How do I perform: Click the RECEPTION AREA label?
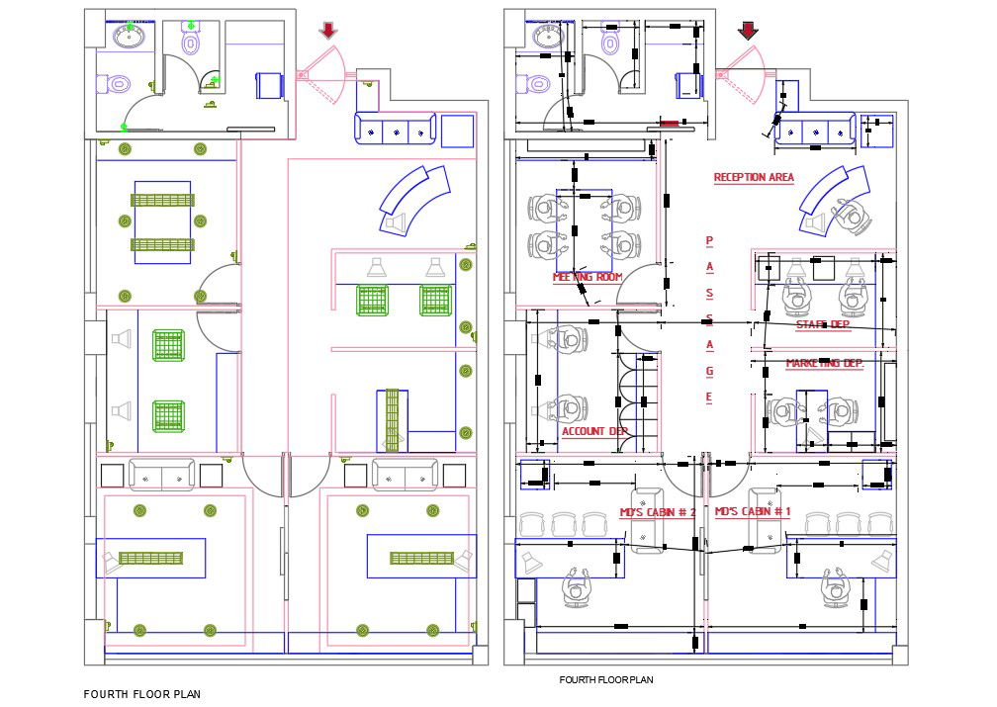[x=754, y=178]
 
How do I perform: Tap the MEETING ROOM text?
[x=588, y=278]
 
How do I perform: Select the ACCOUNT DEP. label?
[x=595, y=431]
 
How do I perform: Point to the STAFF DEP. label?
[x=823, y=324]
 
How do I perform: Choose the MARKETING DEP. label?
[x=824, y=364]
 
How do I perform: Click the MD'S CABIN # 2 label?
[x=658, y=512]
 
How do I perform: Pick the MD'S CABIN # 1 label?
[x=753, y=512]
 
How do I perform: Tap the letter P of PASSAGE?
[x=708, y=241]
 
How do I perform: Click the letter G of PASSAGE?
[x=708, y=371]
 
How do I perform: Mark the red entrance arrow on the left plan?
[x=328, y=31]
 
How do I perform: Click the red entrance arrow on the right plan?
[x=748, y=31]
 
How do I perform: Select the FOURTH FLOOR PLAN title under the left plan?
[x=141, y=694]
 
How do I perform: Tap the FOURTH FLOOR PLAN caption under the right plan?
[x=605, y=680]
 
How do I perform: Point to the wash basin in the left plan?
[x=130, y=38]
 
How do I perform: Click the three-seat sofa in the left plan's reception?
[x=395, y=129]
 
